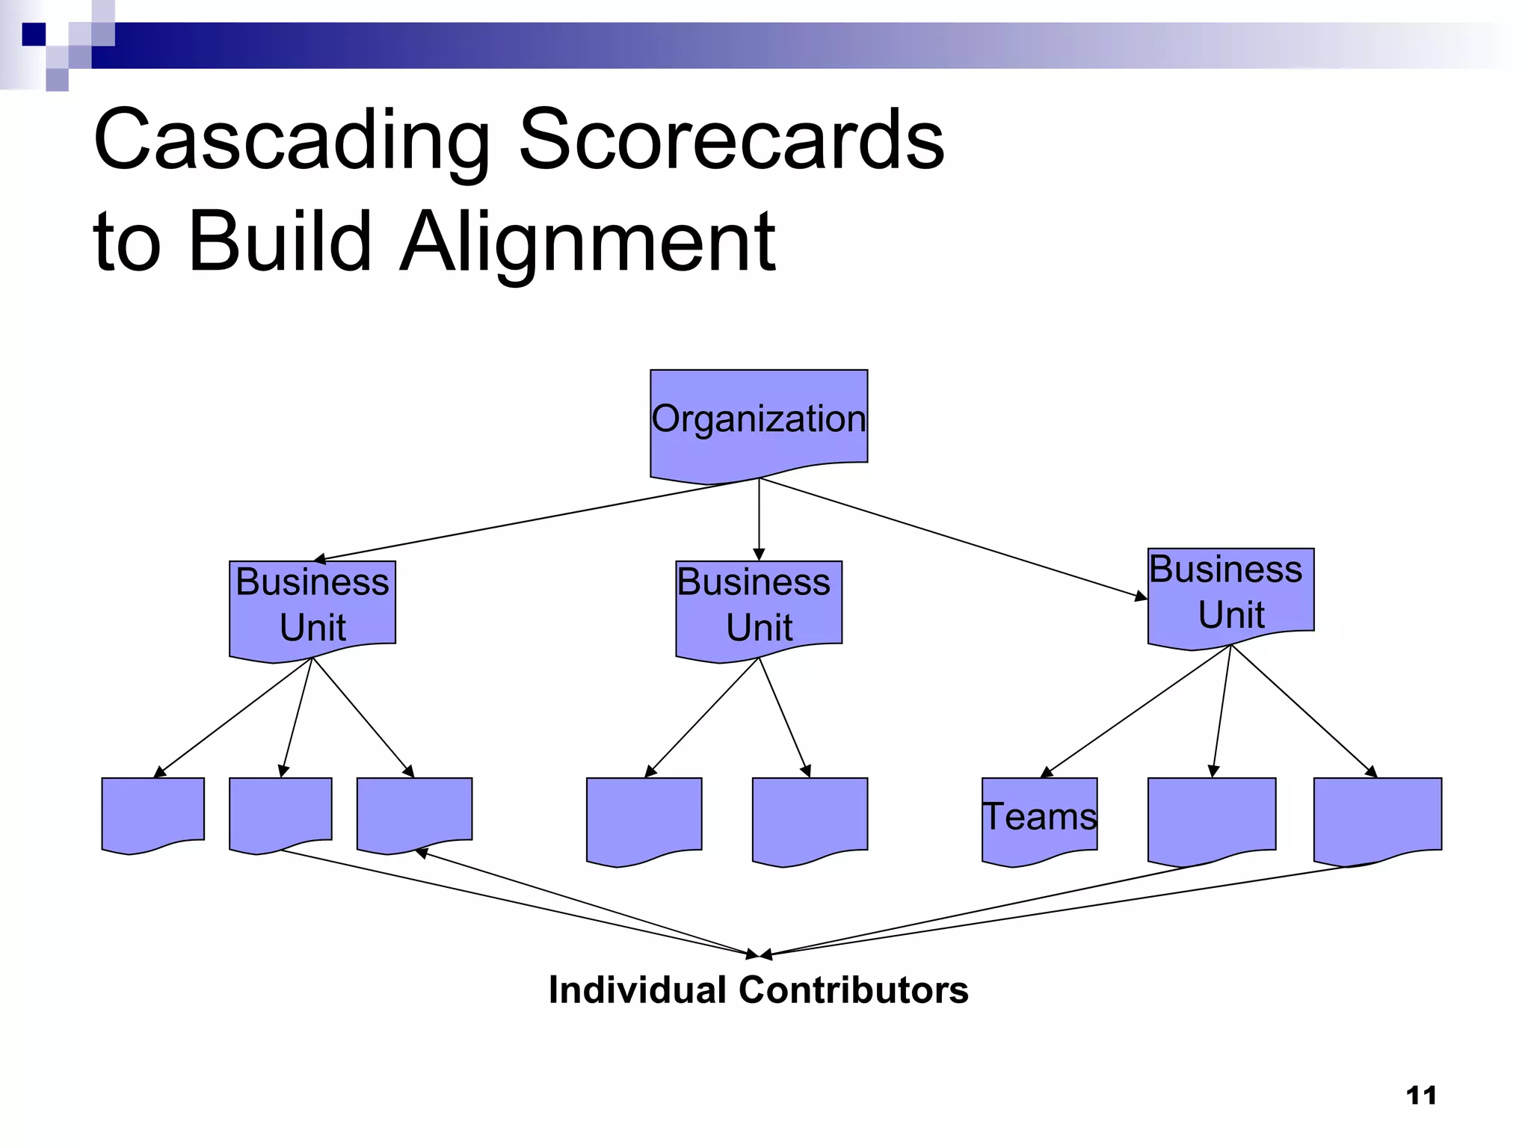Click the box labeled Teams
click(x=1039, y=817)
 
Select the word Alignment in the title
click(x=588, y=241)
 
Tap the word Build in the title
click(x=280, y=241)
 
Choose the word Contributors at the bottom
click(x=853, y=990)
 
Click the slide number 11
click(x=1420, y=1095)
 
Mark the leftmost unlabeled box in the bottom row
click(x=153, y=813)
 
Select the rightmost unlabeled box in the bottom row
click(x=1377, y=817)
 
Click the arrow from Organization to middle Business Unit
click(x=759, y=519)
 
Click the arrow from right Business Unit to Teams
click(x=1136, y=711)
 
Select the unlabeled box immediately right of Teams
click(x=1211, y=817)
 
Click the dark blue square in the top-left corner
click(x=34, y=34)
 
